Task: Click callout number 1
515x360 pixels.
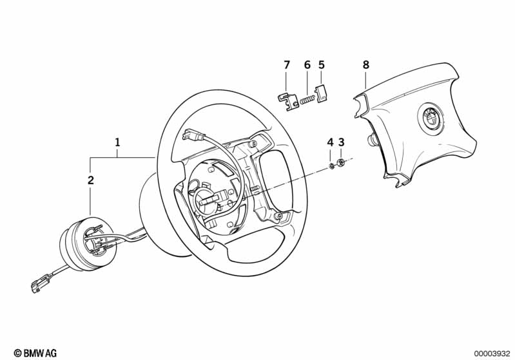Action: tap(117, 142)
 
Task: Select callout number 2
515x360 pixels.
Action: tap(91, 180)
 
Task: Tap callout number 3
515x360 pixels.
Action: tap(341, 142)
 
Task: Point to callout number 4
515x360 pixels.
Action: tap(330, 142)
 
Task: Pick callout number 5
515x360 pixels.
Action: tap(321, 65)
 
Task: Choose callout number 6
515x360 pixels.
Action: tap(307, 65)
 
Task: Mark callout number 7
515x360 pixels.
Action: tap(287, 65)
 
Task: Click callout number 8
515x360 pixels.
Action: tap(366, 65)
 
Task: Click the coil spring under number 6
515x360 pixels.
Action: tap(307, 99)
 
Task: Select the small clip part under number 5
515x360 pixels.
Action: tap(322, 94)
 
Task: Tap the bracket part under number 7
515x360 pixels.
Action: tap(287, 102)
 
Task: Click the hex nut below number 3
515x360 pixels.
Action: tap(341, 162)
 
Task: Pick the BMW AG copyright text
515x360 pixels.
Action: tap(35, 353)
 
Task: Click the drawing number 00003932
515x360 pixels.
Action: tap(492, 354)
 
